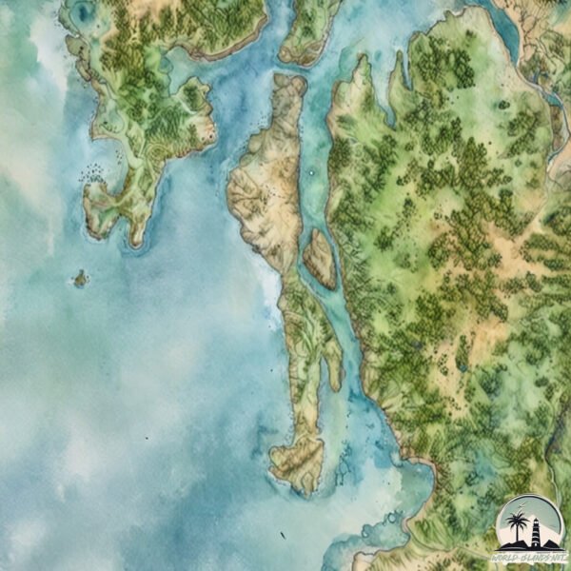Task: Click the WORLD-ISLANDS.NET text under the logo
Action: [529, 555]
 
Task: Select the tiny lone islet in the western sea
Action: [81, 279]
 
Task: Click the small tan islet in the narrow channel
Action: [320, 258]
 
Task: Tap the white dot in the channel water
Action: [311, 173]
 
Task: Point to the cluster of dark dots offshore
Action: [92, 172]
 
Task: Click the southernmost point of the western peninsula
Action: [134, 244]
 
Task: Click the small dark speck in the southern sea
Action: [146, 438]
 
